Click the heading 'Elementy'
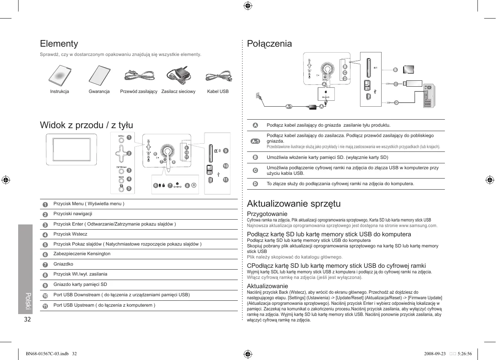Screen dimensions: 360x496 tap(59, 44)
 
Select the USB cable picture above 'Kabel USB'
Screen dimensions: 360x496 tap(218, 76)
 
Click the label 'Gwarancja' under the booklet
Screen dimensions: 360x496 tap(99, 91)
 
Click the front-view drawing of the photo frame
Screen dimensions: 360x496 tap(71, 149)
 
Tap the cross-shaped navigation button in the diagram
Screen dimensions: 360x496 tap(121, 153)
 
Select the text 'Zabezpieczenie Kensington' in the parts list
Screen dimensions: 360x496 tap(82, 254)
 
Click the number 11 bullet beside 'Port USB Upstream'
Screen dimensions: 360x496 tap(45, 306)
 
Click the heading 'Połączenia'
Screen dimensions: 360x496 tap(269, 44)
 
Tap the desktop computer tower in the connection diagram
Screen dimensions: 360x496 tap(429, 96)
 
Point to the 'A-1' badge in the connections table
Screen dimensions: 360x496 tap(255, 141)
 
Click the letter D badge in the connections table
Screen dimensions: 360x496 tap(255, 184)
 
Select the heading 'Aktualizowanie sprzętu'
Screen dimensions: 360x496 tap(294, 204)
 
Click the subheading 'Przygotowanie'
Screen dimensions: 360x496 tap(267, 214)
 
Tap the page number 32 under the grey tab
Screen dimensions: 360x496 tap(27, 319)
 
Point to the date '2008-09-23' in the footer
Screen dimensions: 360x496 tap(435, 354)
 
